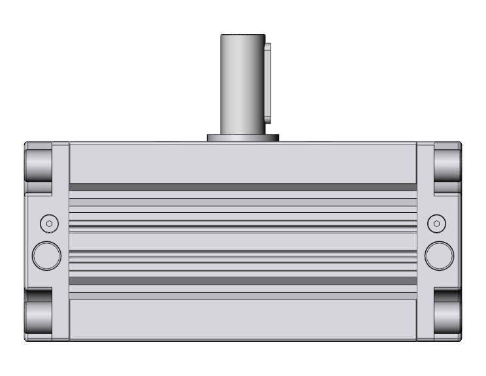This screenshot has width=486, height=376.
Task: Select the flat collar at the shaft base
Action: click(243, 138)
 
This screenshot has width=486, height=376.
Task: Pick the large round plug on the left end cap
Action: click(46, 255)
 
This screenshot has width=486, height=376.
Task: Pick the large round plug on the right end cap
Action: click(439, 255)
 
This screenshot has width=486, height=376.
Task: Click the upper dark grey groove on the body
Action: click(242, 187)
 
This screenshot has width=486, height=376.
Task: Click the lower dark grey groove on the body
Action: click(242, 281)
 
